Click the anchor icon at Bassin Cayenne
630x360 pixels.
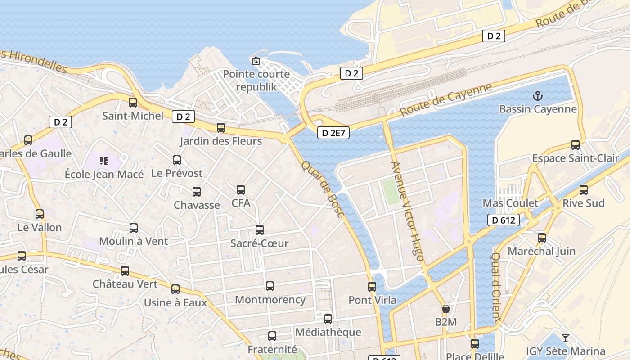coord(537,95)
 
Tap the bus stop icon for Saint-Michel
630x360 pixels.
coord(133,103)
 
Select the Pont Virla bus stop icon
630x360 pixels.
coord(372,287)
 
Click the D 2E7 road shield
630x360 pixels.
coord(333,133)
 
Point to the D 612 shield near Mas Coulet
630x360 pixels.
coord(504,220)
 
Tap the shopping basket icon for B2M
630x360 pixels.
coord(446,309)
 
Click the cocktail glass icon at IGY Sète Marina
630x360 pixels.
coord(566,337)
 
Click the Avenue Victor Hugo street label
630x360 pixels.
coord(407,211)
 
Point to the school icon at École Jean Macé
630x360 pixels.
coord(104,161)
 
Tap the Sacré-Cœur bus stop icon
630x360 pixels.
coord(260,230)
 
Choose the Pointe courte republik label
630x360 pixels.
coord(256,80)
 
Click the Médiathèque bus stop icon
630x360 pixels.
coord(328,319)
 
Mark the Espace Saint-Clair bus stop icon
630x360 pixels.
coord(576,145)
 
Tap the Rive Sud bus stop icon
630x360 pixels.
coord(584,190)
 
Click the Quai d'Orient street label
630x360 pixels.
coord(495,288)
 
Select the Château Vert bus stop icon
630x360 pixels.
coord(125,271)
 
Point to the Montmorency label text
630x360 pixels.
coord(270,300)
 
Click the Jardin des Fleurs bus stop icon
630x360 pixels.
coord(221,128)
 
